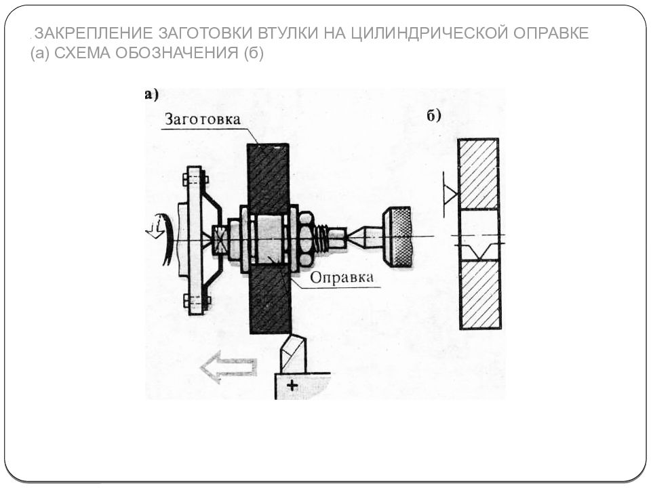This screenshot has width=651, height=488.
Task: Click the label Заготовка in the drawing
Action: (201, 119)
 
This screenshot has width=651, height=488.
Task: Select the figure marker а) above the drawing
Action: (151, 95)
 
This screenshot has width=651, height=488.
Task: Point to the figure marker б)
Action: (434, 115)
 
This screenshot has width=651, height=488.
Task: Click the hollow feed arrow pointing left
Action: (228, 367)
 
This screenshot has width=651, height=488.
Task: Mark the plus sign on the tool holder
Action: (292, 385)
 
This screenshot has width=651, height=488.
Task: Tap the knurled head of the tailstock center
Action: (397, 237)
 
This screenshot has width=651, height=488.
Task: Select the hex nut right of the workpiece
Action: (305, 238)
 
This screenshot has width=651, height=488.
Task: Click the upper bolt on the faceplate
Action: (195, 180)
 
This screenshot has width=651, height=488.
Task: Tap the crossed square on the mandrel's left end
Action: (220, 239)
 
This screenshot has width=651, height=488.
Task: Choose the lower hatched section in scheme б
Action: (479, 294)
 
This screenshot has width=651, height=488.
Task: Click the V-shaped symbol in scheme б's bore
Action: (479, 250)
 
